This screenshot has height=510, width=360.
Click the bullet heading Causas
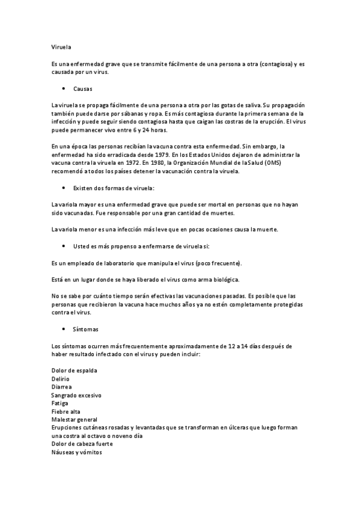tap(82, 88)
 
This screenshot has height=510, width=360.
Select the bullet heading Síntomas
tap(85, 330)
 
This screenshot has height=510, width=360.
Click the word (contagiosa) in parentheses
tap(272, 63)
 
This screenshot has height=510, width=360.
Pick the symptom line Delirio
tap(60, 379)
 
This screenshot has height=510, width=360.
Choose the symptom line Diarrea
tap(61, 387)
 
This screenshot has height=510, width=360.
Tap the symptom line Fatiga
tap(60, 404)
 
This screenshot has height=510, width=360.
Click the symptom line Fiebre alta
tap(65, 411)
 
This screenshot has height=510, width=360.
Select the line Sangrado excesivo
tap(76, 395)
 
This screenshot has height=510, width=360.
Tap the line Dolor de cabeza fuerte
tap(82, 444)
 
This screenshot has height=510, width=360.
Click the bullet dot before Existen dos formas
tap(64, 188)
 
